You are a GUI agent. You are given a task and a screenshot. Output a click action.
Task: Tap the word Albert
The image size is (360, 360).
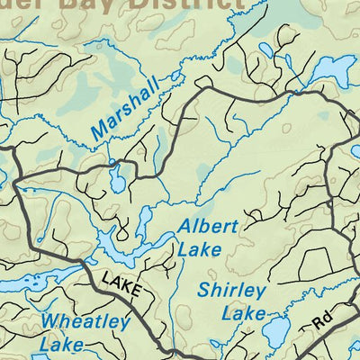point(208,227)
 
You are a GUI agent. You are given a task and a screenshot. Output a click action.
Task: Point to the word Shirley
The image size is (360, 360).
point(232,292)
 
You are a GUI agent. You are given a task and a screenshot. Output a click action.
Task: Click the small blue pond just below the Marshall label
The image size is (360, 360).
point(117,179)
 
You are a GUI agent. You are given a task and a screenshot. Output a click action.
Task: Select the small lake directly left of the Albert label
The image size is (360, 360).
point(145,221)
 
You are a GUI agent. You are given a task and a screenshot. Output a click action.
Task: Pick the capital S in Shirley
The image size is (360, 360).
point(204,292)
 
